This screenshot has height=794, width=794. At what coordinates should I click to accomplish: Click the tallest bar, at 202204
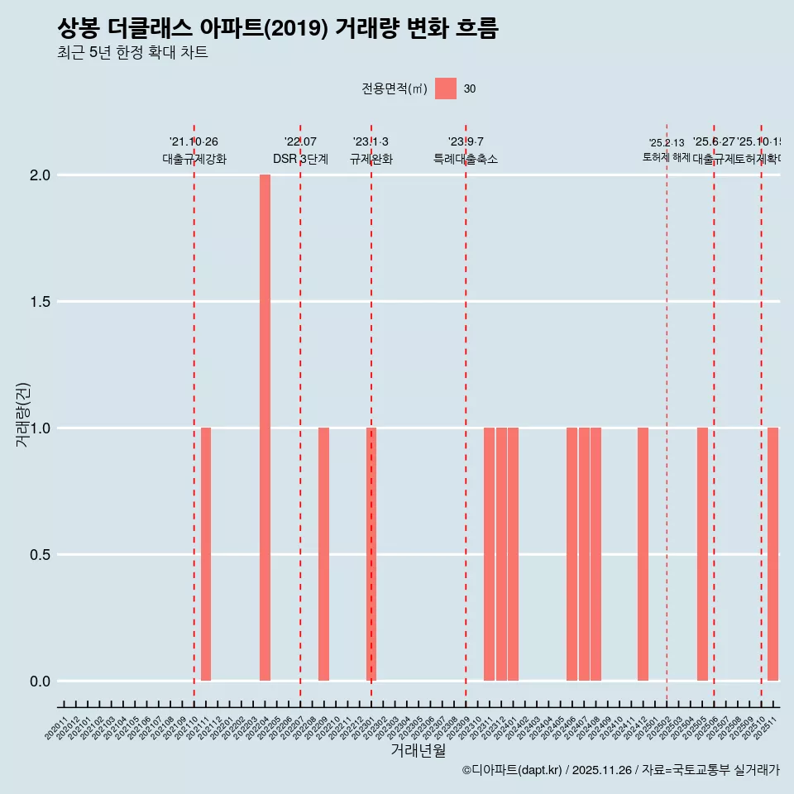click(265, 428)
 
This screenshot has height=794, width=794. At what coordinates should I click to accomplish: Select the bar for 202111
click(206, 554)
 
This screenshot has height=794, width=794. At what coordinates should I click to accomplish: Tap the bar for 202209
click(323, 554)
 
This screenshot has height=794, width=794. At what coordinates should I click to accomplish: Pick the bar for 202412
click(643, 554)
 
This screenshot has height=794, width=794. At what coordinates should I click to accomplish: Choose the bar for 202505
click(702, 554)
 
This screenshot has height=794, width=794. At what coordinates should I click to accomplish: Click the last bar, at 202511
click(772, 554)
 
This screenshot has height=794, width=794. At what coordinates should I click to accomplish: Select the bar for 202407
click(584, 554)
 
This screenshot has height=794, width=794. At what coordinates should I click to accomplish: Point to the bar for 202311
click(489, 554)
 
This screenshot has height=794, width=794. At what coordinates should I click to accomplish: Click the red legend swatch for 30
click(446, 88)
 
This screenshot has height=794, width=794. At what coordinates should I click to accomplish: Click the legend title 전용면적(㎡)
click(395, 89)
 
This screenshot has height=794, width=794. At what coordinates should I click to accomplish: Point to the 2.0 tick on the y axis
click(41, 175)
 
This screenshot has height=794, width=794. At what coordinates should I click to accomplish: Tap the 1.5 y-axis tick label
click(41, 302)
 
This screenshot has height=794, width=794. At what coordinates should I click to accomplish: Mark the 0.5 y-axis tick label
click(41, 555)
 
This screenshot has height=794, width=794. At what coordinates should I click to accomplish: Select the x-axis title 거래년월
click(418, 751)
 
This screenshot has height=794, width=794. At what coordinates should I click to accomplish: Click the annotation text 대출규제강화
click(194, 160)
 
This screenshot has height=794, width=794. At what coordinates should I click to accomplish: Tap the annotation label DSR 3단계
click(300, 160)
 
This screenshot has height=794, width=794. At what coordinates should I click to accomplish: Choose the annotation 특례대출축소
click(466, 160)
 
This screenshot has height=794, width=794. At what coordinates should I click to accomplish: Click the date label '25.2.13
click(667, 143)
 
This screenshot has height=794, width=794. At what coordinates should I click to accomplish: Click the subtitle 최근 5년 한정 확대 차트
click(132, 53)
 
